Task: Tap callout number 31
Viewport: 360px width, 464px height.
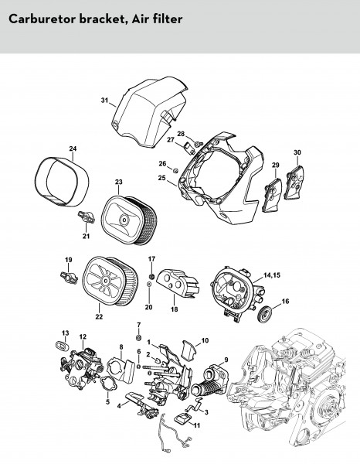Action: point(104,101)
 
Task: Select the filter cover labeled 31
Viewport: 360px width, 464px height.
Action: point(150,112)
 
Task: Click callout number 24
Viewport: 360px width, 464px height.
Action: point(73,148)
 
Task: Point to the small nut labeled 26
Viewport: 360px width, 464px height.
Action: point(175,170)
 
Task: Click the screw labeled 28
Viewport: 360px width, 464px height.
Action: point(199,144)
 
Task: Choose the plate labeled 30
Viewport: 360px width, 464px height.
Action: point(295,182)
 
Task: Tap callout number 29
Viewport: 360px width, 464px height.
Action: point(276,165)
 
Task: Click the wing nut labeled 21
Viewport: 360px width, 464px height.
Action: point(86,217)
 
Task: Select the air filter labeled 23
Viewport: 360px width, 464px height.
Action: point(129,220)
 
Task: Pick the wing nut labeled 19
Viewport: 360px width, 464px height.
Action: point(69,278)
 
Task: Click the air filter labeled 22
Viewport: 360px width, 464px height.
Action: point(110,281)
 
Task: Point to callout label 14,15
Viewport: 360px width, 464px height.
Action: point(272,275)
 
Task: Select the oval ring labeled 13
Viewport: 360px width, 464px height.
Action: point(62,345)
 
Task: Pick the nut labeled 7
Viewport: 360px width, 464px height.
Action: point(138,338)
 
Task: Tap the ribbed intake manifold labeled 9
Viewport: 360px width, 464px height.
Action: point(210,380)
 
